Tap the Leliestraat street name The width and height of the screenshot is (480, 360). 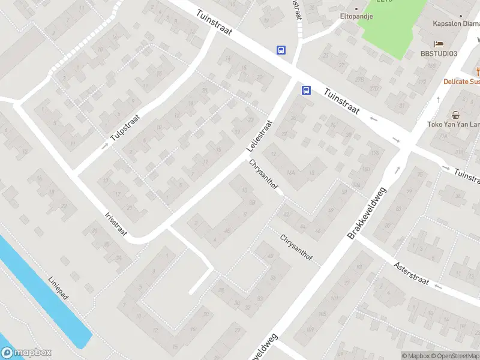(259, 136)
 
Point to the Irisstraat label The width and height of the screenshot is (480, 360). (116, 223)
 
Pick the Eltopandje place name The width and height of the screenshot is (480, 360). (356, 16)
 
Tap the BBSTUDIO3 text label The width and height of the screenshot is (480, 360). (439, 54)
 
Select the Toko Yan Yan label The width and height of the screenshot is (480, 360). (453, 125)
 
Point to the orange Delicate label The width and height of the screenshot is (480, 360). (461, 81)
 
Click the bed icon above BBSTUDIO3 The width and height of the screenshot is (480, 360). (439, 44)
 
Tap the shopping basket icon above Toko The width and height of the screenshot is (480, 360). (455, 115)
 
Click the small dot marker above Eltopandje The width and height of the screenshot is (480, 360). (356, 8)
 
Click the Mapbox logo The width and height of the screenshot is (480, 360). (26, 353)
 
